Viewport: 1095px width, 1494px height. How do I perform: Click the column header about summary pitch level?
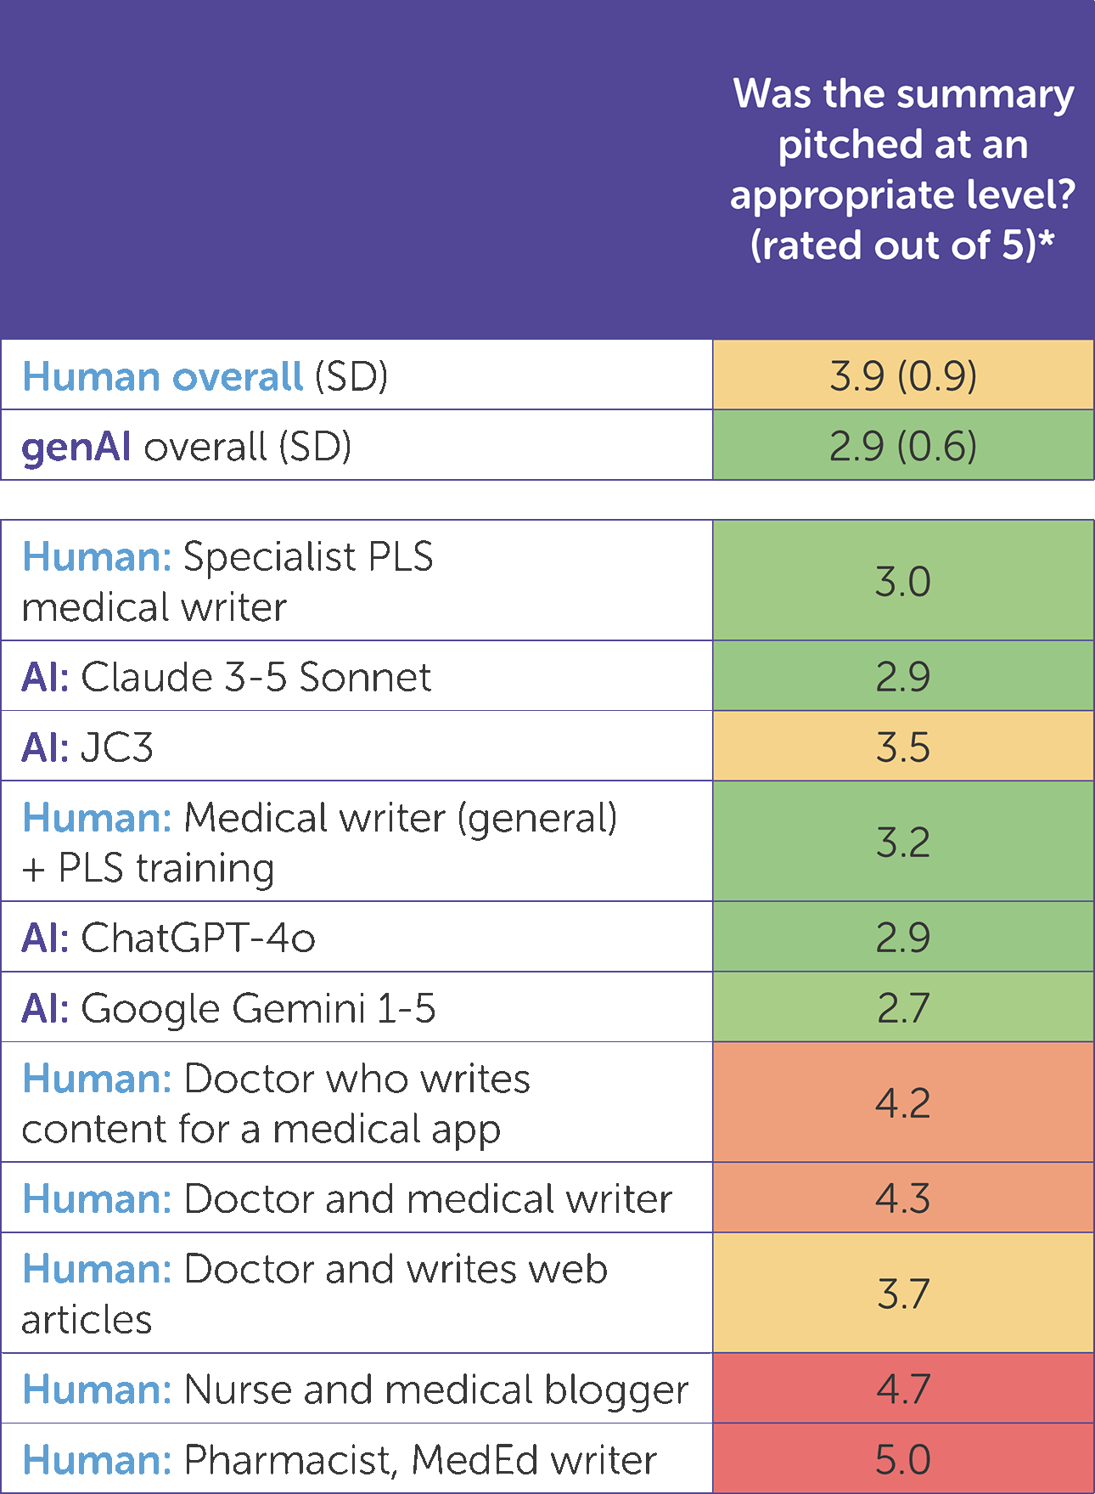pos(902,169)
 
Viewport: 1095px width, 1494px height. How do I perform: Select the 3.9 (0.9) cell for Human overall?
pos(903,376)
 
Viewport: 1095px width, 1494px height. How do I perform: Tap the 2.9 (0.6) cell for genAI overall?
pos(903,446)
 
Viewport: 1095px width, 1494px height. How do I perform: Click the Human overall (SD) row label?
pos(205,376)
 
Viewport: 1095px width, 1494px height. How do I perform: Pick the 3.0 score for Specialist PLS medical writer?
pos(903,582)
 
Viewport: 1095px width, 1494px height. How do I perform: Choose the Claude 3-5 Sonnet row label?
pos(227,677)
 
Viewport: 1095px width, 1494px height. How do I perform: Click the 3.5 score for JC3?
pos(903,747)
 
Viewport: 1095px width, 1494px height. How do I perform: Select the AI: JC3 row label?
pos(87,747)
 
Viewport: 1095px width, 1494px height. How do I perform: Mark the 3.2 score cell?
pos(903,842)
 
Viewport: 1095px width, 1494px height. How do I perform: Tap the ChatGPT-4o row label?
pos(168,938)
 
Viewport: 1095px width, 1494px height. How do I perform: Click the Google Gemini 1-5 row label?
pos(228,1008)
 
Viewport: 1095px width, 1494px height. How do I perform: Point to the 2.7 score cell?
pos(903,1008)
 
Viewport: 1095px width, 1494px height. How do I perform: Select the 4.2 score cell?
pos(903,1102)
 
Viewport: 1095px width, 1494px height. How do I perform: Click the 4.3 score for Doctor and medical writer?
pos(903,1198)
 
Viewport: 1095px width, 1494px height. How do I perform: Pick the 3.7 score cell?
pos(903,1294)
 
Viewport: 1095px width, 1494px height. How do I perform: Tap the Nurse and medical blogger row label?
pos(355,1390)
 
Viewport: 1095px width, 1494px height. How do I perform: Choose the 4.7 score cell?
pos(903,1390)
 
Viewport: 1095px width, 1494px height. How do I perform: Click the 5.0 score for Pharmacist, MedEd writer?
pos(903,1459)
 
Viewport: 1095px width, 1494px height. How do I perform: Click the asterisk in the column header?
pos(1047,240)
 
